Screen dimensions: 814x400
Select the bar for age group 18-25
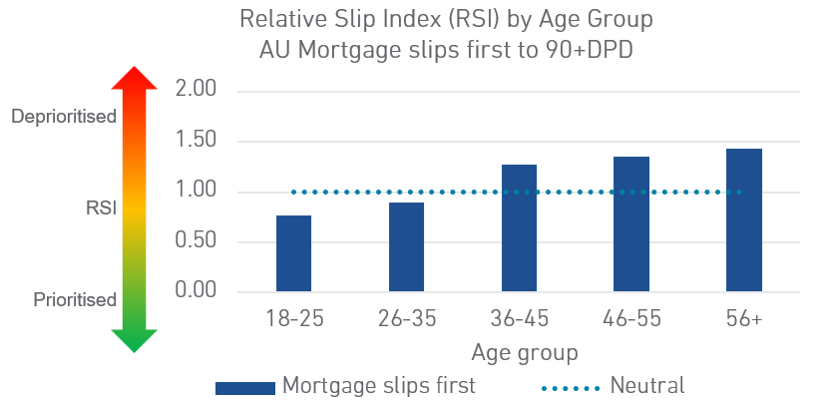[x=293, y=253]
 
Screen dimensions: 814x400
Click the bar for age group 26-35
[x=406, y=247]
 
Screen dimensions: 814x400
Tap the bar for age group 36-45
[x=519, y=227]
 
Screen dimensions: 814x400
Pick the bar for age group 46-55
[x=631, y=223]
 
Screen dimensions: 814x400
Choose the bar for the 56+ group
[x=744, y=220]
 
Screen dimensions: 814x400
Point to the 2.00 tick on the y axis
[x=196, y=90]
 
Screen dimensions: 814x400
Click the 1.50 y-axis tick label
[x=196, y=141]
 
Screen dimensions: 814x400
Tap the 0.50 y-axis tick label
[x=196, y=241]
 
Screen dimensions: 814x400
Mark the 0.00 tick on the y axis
[x=196, y=290]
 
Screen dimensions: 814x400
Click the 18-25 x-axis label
[x=294, y=318]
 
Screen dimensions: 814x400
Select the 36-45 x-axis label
[x=519, y=318]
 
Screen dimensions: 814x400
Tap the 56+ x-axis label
[x=744, y=318]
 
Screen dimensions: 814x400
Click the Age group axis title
[x=525, y=353]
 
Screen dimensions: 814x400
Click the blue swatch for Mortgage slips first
[x=245, y=388]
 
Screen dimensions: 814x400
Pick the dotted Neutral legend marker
[x=571, y=388]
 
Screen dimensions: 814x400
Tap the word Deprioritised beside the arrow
[x=64, y=117]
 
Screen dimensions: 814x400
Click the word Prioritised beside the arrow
[x=75, y=300]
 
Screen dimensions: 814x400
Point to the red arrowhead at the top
[x=134, y=78]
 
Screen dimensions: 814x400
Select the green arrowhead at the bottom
[x=134, y=341]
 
